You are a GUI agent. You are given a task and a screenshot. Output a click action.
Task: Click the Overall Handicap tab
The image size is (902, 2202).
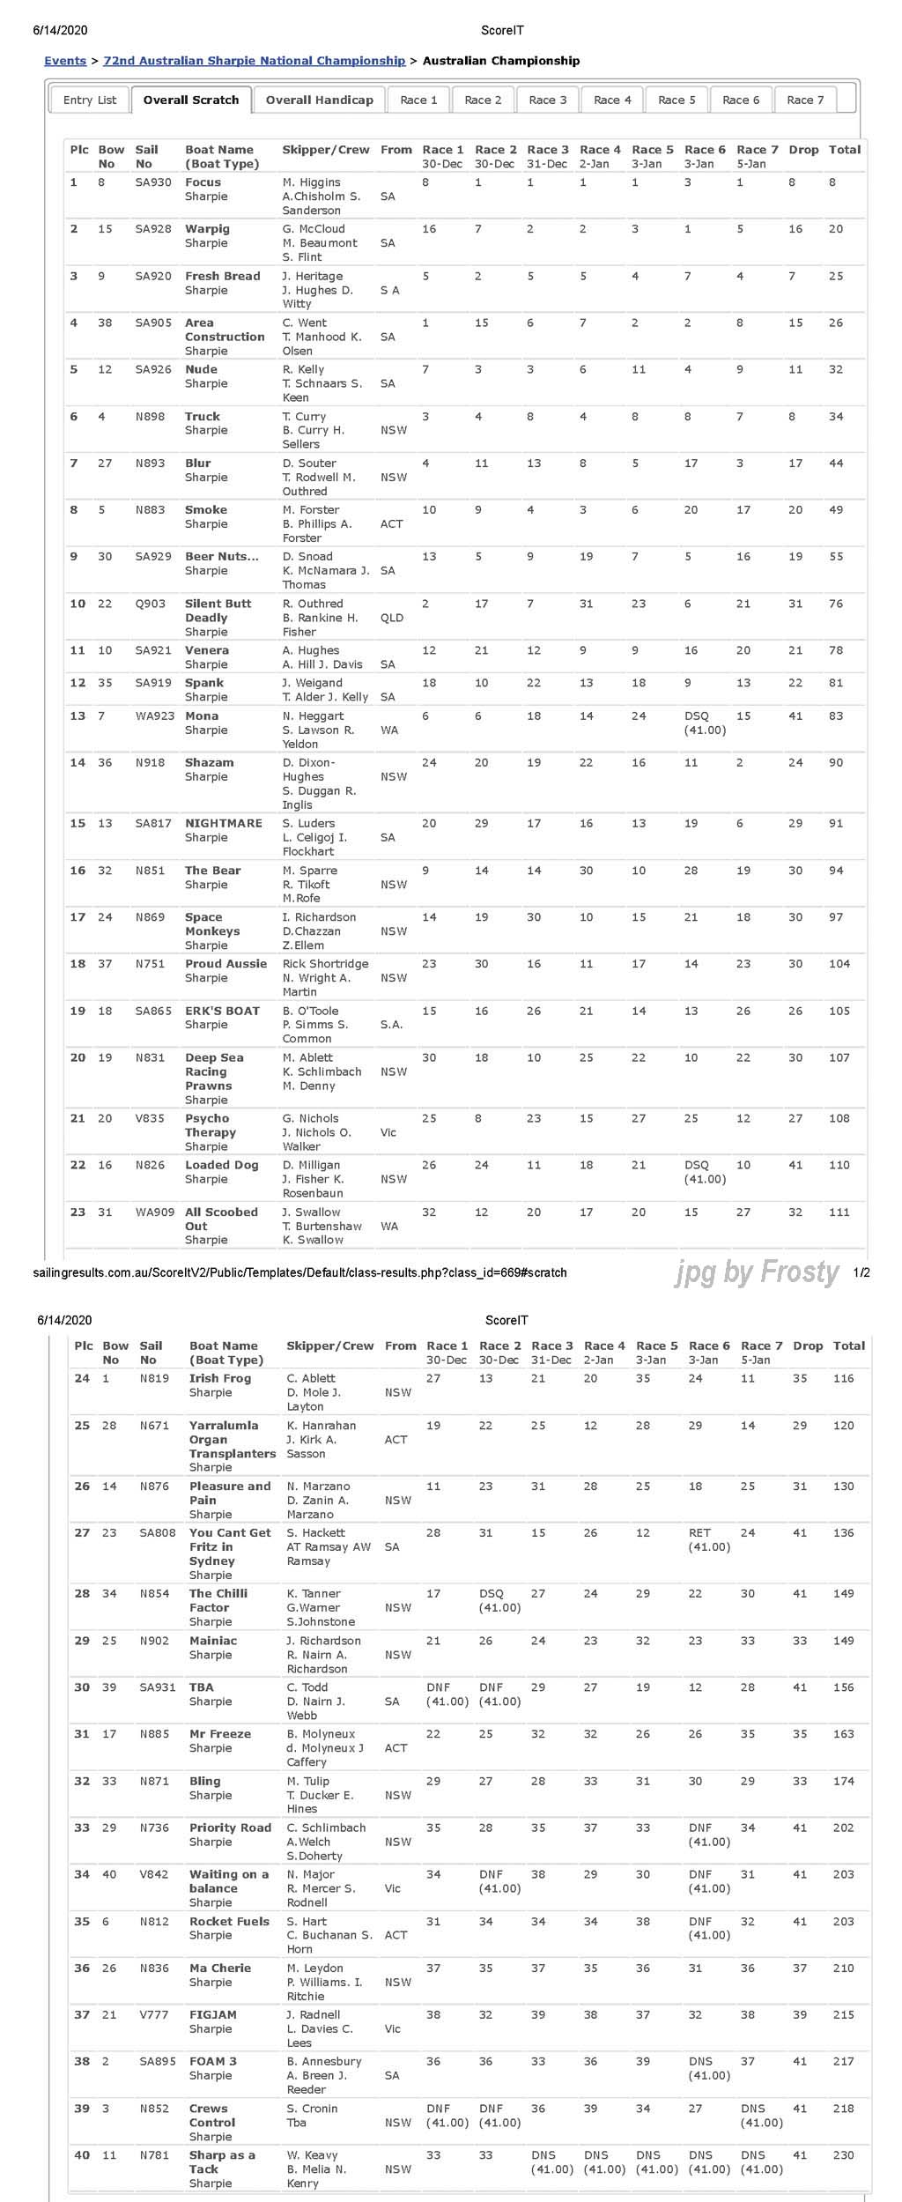tap(319, 100)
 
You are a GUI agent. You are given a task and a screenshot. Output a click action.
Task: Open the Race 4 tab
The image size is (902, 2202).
tap(612, 100)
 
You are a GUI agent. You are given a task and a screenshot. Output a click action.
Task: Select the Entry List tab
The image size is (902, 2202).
tap(90, 100)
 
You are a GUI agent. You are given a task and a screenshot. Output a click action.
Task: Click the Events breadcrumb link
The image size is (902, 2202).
tap(65, 61)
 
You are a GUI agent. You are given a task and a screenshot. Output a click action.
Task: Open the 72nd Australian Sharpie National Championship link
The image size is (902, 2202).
tap(255, 61)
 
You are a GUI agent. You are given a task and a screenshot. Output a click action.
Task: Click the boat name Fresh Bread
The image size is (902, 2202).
tap(222, 276)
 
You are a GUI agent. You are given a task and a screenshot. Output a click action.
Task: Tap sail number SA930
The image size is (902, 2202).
tap(153, 182)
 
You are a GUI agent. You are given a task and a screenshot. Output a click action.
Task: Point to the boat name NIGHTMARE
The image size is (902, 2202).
tap(223, 823)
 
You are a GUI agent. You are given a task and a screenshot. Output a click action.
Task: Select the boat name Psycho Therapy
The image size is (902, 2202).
tap(211, 1125)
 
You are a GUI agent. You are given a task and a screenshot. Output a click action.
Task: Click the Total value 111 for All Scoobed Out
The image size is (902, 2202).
tap(839, 1212)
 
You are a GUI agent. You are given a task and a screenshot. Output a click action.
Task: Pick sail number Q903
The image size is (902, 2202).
tap(150, 604)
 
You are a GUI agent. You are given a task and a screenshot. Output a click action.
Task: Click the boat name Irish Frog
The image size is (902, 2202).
tap(220, 1378)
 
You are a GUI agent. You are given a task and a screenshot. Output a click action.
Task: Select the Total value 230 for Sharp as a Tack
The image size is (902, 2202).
tap(843, 2154)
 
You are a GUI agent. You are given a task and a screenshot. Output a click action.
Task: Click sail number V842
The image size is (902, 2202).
tap(154, 1874)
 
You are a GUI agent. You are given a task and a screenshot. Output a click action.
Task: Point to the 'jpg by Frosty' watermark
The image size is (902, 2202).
tap(757, 1272)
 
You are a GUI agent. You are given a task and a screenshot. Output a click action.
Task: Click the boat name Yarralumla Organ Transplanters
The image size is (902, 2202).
tap(232, 1439)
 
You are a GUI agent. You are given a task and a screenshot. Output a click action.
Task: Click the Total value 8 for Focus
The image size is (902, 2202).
tap(832, 182)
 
